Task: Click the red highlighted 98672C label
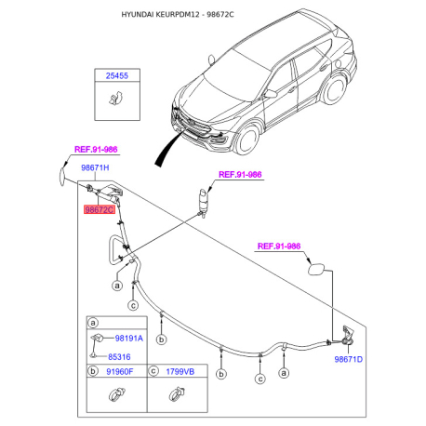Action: point(100,211)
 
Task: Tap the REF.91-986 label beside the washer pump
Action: point(240,174)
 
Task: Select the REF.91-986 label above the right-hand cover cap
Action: point(279,246)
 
